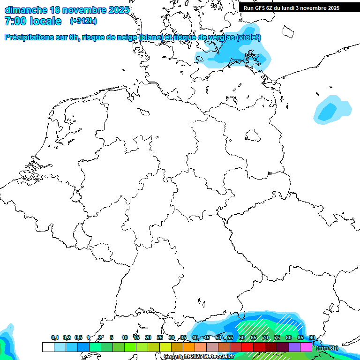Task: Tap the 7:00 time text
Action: coord(14,21)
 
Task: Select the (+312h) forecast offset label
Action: coord(83,21)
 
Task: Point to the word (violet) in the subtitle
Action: coord(248,37)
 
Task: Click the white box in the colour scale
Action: coord(48,347)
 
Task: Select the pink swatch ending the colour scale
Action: coord(306,347)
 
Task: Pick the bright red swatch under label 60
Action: coord(247,347)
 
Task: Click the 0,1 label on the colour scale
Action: coord(55,338)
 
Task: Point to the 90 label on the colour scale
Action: coord(312,338)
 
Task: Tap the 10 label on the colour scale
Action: coord(124,338)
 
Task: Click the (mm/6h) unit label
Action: coord(327,348)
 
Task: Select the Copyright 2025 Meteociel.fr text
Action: coord(199,357)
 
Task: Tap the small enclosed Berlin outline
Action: coord(253,136)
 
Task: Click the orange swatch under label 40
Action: coord(188,347)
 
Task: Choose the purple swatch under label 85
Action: coord(294,347)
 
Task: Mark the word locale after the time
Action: coord(45,21)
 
